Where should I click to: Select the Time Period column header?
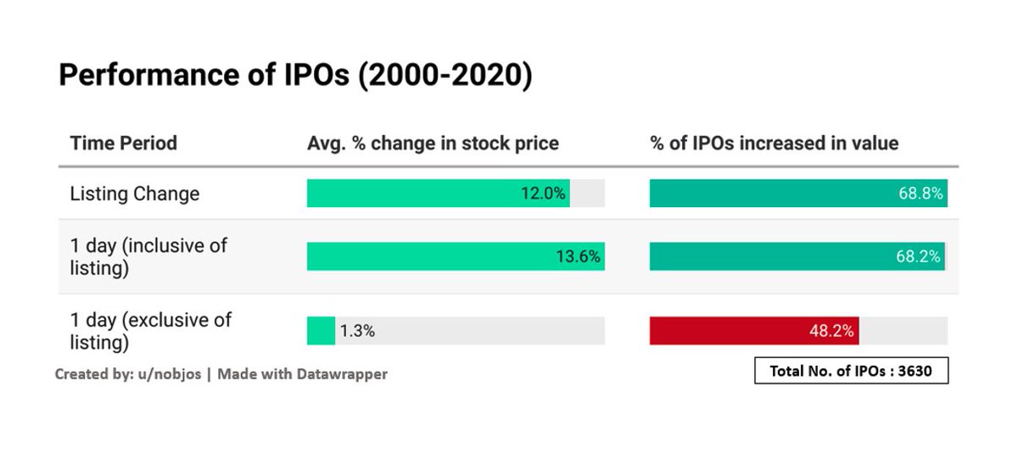pyautogui.click(x=123, y=143)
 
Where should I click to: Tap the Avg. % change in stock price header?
pyautogui.click(x=433, y=143)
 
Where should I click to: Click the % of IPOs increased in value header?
pyautogui.click(x=774, y=143)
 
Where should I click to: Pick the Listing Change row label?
pyautogui.click(x=134, y=194)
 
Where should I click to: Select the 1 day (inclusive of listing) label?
pyautogui.click(x=148, y=255)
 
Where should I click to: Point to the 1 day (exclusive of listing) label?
pyautogui.click(x=150, y=331)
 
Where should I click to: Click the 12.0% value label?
pyautogui.click(x=543, y=194)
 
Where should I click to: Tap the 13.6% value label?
pyautogui.click(x=579, y=256)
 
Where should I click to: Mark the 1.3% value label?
pyautogui.click(x=357, y=331)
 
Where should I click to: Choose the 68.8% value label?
pyautogui.click(x=920, y=194)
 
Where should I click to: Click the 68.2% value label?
pyautogui.click(x=918, y=256)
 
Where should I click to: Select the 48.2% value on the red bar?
pyautogui.click(x=831, y=331)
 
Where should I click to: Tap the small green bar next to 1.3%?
pyautogui.click(x=321, y=331)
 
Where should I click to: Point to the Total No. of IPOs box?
pyautogui.click(x=851, y=371)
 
